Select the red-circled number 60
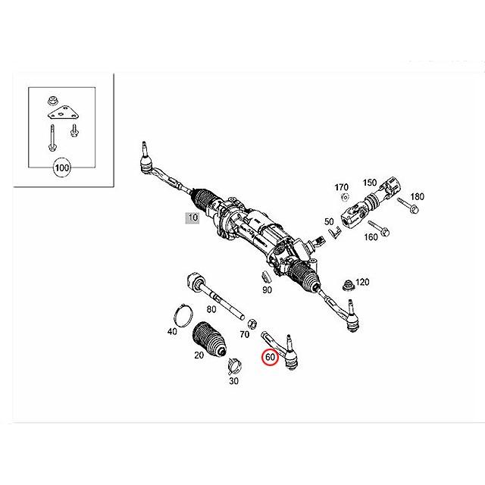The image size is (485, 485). (x=270, y=356)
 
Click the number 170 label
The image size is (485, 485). (x=341, y=186)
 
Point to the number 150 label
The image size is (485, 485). (x=369, y=182)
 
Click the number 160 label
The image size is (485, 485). (x=371, y=236)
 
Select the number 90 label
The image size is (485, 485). (x=267, y=290)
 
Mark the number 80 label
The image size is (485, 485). (x=211, y=308)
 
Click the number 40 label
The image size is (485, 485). (x=172, y=331)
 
